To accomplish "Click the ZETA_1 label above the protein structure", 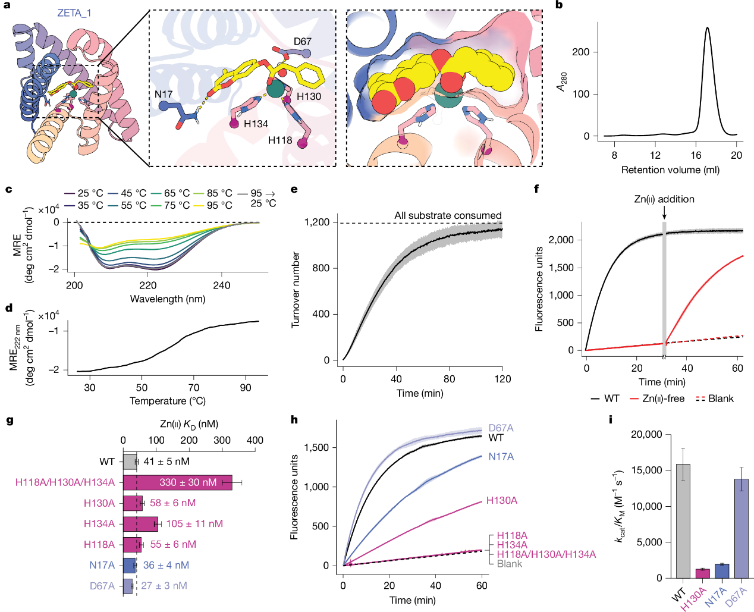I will pyautogui.click(x=74, y=13).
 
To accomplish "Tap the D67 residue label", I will pyautogui.click(x=302, y=42).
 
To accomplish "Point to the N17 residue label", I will pyautogui.click(x=164, y=94).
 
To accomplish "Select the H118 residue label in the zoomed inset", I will pyautogui.click(x=280, y=140).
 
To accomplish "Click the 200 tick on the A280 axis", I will pyautogui.click(x=580, y=52).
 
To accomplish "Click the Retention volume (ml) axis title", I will pyautogui.click(x=670, y=170).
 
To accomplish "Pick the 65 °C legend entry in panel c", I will pyautogui.click(x=177, y=193).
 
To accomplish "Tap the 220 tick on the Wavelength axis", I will pyautogui.click(x=148, y=285).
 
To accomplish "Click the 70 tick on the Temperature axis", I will pyautogui.click(x=194, y=388).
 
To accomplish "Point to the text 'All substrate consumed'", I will pyautogui.click(x=448, y=215).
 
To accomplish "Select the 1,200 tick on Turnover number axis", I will pyautogui.click(x=317, y=222).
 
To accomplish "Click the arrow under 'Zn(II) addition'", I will pyautogui.click(x=664, y=213).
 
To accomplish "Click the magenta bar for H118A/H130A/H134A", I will pyautogui.click(x=177, y=482).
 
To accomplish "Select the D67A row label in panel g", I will pyautogui.click(x=102, y=586).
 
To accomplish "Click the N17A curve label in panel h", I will pyautogui.click(x=501, y=457).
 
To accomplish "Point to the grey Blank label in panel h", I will pyautogui.click(x=510, y=564).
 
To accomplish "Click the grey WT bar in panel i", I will pyautogui.click(x=683, y=521).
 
